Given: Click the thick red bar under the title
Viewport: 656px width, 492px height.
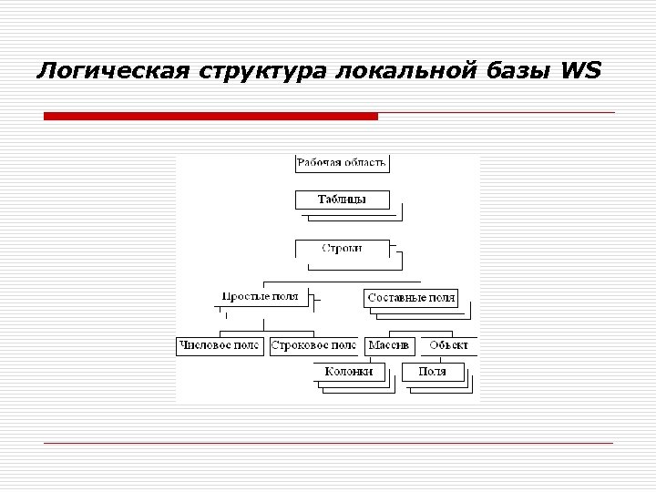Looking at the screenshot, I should coord(210,117).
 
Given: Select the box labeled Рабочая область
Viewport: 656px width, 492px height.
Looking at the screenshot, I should coord(342,163).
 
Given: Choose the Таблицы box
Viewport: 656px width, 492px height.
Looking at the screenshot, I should coord(342,199).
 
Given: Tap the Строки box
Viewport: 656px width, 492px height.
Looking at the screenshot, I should coord(342,248).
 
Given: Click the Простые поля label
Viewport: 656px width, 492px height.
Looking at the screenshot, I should coord(261,297).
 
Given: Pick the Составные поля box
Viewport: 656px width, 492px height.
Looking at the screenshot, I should coord(410,298).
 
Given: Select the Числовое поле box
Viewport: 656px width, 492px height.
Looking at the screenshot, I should coord(220,345).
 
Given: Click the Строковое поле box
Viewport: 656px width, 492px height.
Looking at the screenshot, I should coord(313,345).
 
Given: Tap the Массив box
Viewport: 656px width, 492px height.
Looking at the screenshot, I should coord(389,345).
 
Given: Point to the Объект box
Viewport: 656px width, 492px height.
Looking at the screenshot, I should coord(448,345).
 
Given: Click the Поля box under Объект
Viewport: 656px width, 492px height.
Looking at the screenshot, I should coord(433,372).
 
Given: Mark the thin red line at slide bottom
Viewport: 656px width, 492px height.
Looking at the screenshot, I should coord(328,443).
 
